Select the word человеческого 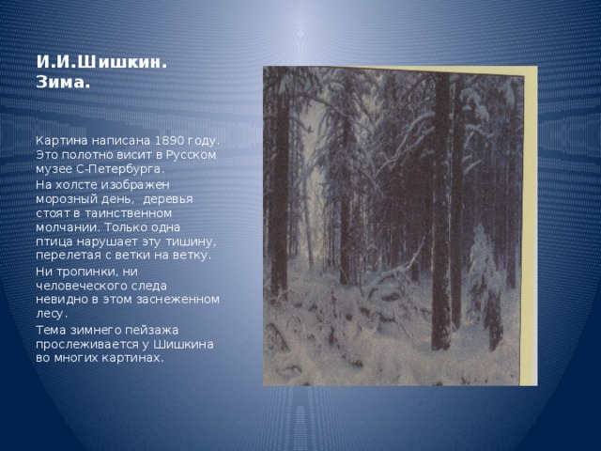click(82, 285)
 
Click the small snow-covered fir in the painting click(485, 272)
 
